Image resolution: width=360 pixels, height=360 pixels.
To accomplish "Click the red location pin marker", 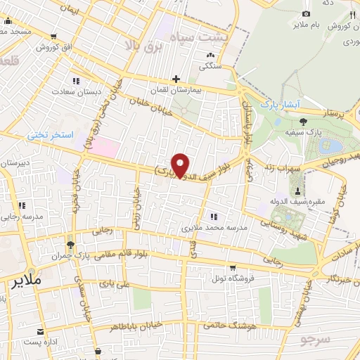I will coord(181,165).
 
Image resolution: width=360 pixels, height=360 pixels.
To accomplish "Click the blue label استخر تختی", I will coord(51,134).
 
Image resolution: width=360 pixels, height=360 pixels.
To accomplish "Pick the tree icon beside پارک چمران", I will coord(70,245).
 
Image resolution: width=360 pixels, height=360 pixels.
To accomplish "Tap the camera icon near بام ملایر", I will coord(305,14).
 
